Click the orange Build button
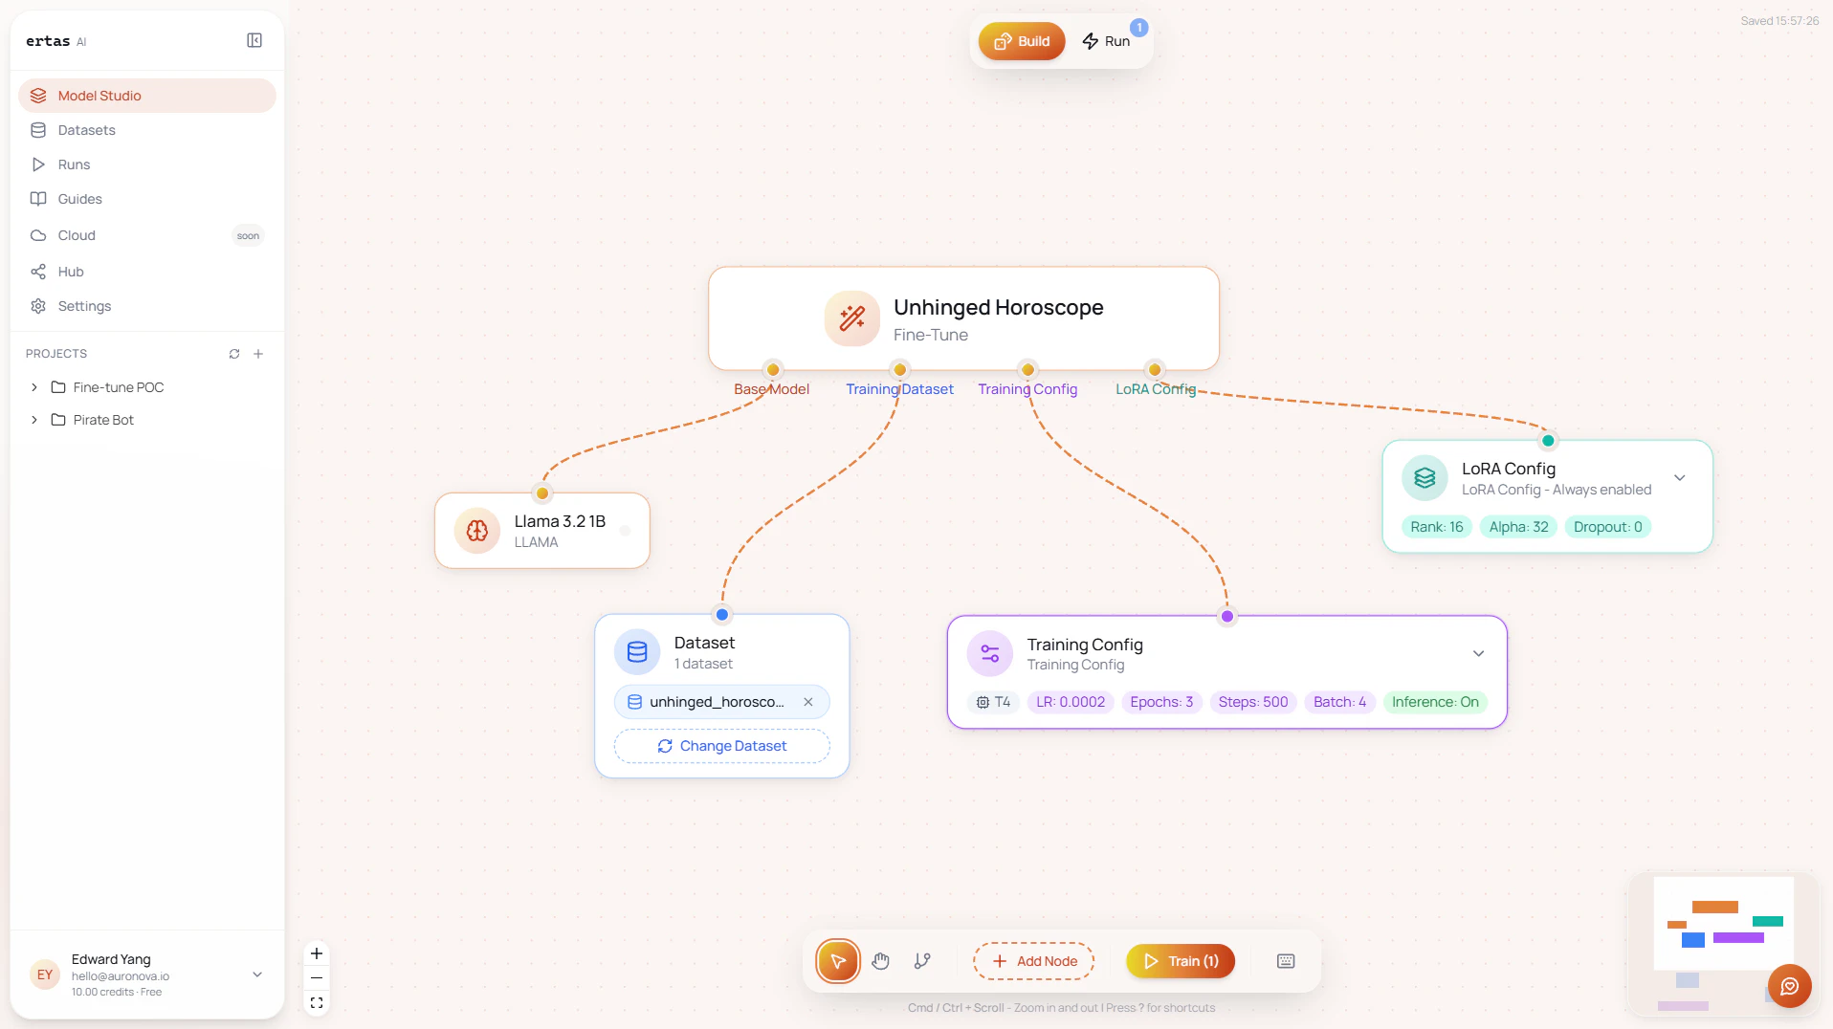coord(1021,41)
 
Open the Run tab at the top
coord(1106,41)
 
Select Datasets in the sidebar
coord(86,130)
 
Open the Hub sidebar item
coord(71,272)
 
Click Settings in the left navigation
coord(84,306)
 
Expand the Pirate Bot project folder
coord(34,420)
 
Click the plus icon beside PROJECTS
coord(258,354)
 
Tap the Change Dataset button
coord(722,746)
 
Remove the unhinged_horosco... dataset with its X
coord(808,702)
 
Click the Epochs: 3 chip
coord(1161,702)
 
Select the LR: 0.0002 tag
coord(1071,702)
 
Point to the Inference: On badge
coord(1435,702)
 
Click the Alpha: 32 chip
coord(1518,527)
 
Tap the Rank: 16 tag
coord(1437,527)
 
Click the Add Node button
coord(1034,961)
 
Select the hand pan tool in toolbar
coord(881,961)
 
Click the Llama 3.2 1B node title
coord(560,521)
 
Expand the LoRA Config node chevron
coord(1679,478)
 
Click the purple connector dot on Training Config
coord(1227,617)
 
